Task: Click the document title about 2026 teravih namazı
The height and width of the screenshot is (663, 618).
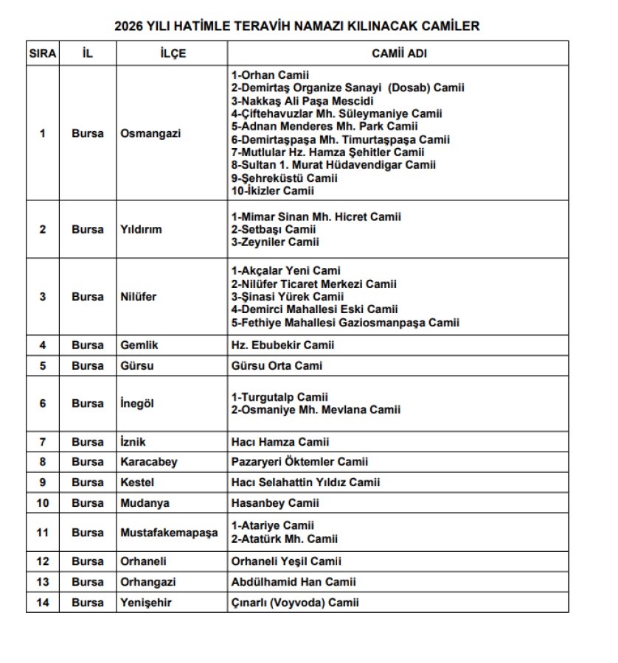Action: [x=297, y=27]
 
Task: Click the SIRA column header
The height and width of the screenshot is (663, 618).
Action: [x=42, y=54]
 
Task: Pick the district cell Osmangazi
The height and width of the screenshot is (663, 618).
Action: [x=150, y=133]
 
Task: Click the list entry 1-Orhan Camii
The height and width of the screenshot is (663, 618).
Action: [x=270, y=75]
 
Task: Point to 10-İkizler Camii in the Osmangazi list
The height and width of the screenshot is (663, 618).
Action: [x=272, y=191]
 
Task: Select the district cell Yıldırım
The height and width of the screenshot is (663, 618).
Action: [x=141, y=229]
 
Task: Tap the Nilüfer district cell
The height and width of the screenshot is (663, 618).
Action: [x=139, y=297]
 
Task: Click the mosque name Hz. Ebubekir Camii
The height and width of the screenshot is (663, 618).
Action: [x=283, y=345]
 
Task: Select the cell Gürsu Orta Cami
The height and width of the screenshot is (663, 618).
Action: [x=277, y=365]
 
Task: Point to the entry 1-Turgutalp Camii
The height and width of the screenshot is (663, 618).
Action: [x=280, y=397]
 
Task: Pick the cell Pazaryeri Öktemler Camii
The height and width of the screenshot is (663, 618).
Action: [x=299, y=462]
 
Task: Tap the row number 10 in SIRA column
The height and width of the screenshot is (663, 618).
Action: [x=42, y=503]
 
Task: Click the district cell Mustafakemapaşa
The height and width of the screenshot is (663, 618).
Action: [x=169, y=533]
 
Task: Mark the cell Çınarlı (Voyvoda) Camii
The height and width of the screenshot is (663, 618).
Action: [x=295, y=603]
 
